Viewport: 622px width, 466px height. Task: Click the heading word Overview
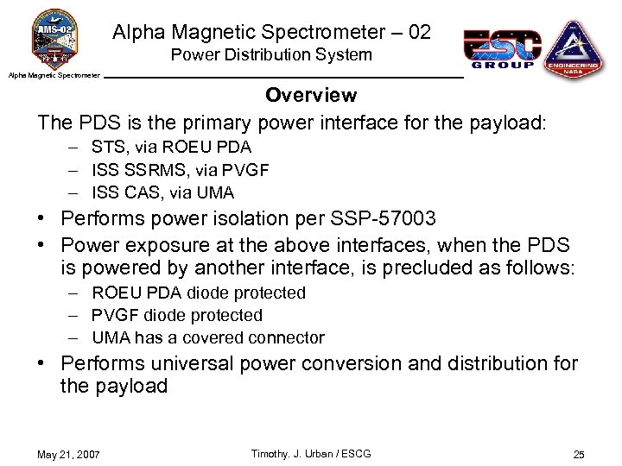tap(311, 94)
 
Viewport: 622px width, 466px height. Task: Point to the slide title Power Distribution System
tap(271, 55)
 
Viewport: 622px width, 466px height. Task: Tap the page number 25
tap(579, 455)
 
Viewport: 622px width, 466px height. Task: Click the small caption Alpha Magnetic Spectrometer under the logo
tap(54, 75)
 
